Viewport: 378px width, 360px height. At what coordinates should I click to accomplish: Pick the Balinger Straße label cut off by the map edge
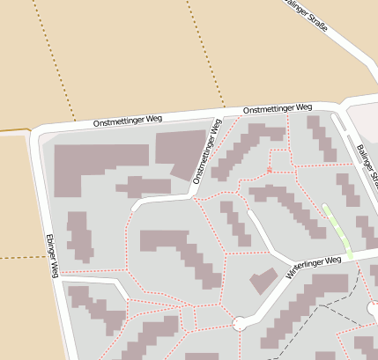click(x=367, y=165)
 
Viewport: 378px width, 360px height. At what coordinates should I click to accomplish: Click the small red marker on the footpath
click(x=269, y=168)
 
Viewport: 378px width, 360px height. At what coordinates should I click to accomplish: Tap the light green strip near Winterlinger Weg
click(x=338, y=231)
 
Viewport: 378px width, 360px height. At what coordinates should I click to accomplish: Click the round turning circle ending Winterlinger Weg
click(x=240, y=324)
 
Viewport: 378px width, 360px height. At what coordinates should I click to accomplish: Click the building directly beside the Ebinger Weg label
click(x=80, y=236)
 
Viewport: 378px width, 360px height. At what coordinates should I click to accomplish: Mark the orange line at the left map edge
click(x=13, y=131)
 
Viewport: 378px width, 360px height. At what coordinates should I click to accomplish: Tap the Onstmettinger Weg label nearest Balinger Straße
click(x=277, y=108)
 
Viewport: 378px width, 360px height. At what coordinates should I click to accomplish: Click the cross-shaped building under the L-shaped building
click(x=144, y=186)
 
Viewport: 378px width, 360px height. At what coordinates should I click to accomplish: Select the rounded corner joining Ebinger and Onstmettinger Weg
click(x=37, y=135)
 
